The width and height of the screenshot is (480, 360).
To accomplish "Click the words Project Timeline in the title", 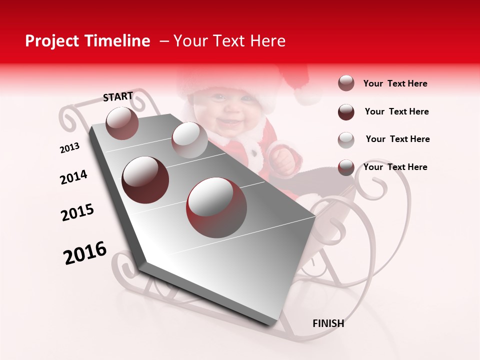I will coord(87,41).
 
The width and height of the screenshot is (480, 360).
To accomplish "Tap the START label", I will coord(118,96).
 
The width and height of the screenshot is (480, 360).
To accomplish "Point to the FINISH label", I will coord(328,323).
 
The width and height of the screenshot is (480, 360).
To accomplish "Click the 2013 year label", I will coord(69,148).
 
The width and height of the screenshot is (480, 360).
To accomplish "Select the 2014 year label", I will coord(73,177).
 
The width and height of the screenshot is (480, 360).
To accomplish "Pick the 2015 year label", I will coord(77,212).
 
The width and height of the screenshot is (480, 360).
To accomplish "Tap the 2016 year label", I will coord(85,253).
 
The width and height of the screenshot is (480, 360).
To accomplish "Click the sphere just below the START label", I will coord(122,123).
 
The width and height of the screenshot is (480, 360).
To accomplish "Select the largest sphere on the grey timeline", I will coord(216,207).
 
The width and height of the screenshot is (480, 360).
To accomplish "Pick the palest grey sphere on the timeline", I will coord(189,140).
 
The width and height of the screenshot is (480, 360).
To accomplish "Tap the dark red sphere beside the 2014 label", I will coord(145,179).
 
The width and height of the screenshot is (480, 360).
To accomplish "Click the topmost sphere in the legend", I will coord(346,83).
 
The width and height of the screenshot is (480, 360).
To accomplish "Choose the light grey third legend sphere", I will coord(346,139).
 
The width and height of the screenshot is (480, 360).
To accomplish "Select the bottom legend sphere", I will coord(346,167).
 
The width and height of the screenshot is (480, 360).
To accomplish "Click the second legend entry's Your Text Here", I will coord(396,111).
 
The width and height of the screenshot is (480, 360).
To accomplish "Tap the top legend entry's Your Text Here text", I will coord(395,83).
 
